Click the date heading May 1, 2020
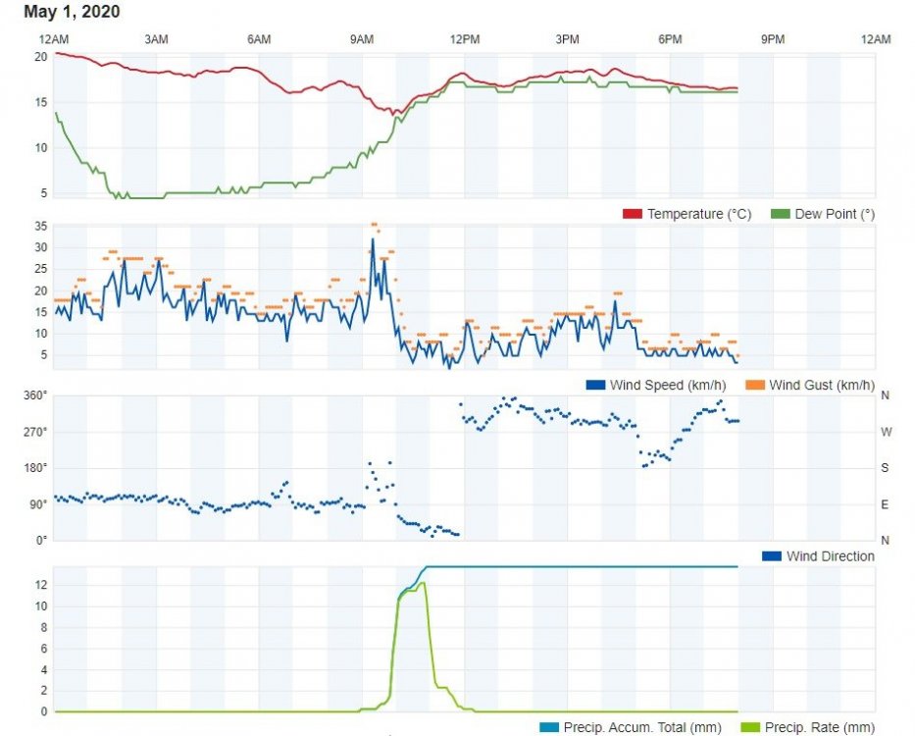[72, 13]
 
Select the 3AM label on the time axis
[156, 39]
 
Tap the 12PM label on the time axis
[464, 39]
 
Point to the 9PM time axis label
[773, 39]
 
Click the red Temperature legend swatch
[632, 214]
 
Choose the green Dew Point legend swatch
[780, 214]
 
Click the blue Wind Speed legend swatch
[594, 385]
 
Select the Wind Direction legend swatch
[771, 556]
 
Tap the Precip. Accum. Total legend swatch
[548, 727]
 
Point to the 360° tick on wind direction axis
[35, 395]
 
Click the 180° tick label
[35, 468]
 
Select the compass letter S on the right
[885, 468]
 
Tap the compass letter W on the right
[885, 432]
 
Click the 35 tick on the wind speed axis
[40, 227]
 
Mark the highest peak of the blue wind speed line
[373, 238]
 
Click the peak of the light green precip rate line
[423, 583]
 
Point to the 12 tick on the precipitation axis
[41, 585]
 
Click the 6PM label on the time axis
[670, 39]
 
